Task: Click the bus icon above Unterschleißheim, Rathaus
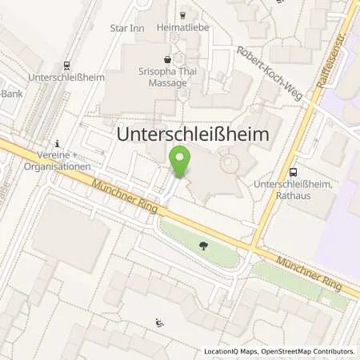294,171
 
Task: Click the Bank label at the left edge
10,93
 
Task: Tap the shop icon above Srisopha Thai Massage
167,59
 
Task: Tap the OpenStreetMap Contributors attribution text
313,351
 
